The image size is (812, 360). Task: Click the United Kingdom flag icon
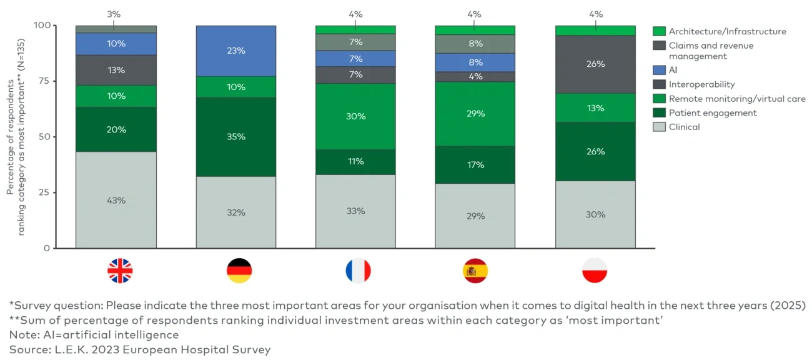click(120, 271)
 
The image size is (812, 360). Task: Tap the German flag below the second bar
click(239, 271)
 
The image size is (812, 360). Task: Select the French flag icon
click(358, 271)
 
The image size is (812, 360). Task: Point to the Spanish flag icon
click(475, 271)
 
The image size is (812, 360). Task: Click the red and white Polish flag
click(595, 271)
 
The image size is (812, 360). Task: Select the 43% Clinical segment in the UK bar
click(116, 200)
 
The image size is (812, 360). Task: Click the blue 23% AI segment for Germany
click(236, 51)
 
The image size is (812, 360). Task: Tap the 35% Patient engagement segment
click(236, 136)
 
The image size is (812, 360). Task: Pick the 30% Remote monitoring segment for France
click(355, 116)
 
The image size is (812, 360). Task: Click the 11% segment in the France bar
click(355, 161)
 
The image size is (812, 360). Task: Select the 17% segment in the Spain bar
click(475, 164)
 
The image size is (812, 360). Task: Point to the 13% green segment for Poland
click(595, 107)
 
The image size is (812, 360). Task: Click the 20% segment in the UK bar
click(116, 129)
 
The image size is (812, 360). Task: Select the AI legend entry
click(673, 71)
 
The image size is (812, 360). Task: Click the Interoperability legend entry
click(701, 84)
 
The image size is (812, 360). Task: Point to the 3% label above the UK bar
click(114, 14)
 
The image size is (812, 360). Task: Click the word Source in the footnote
click(26, 350)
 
